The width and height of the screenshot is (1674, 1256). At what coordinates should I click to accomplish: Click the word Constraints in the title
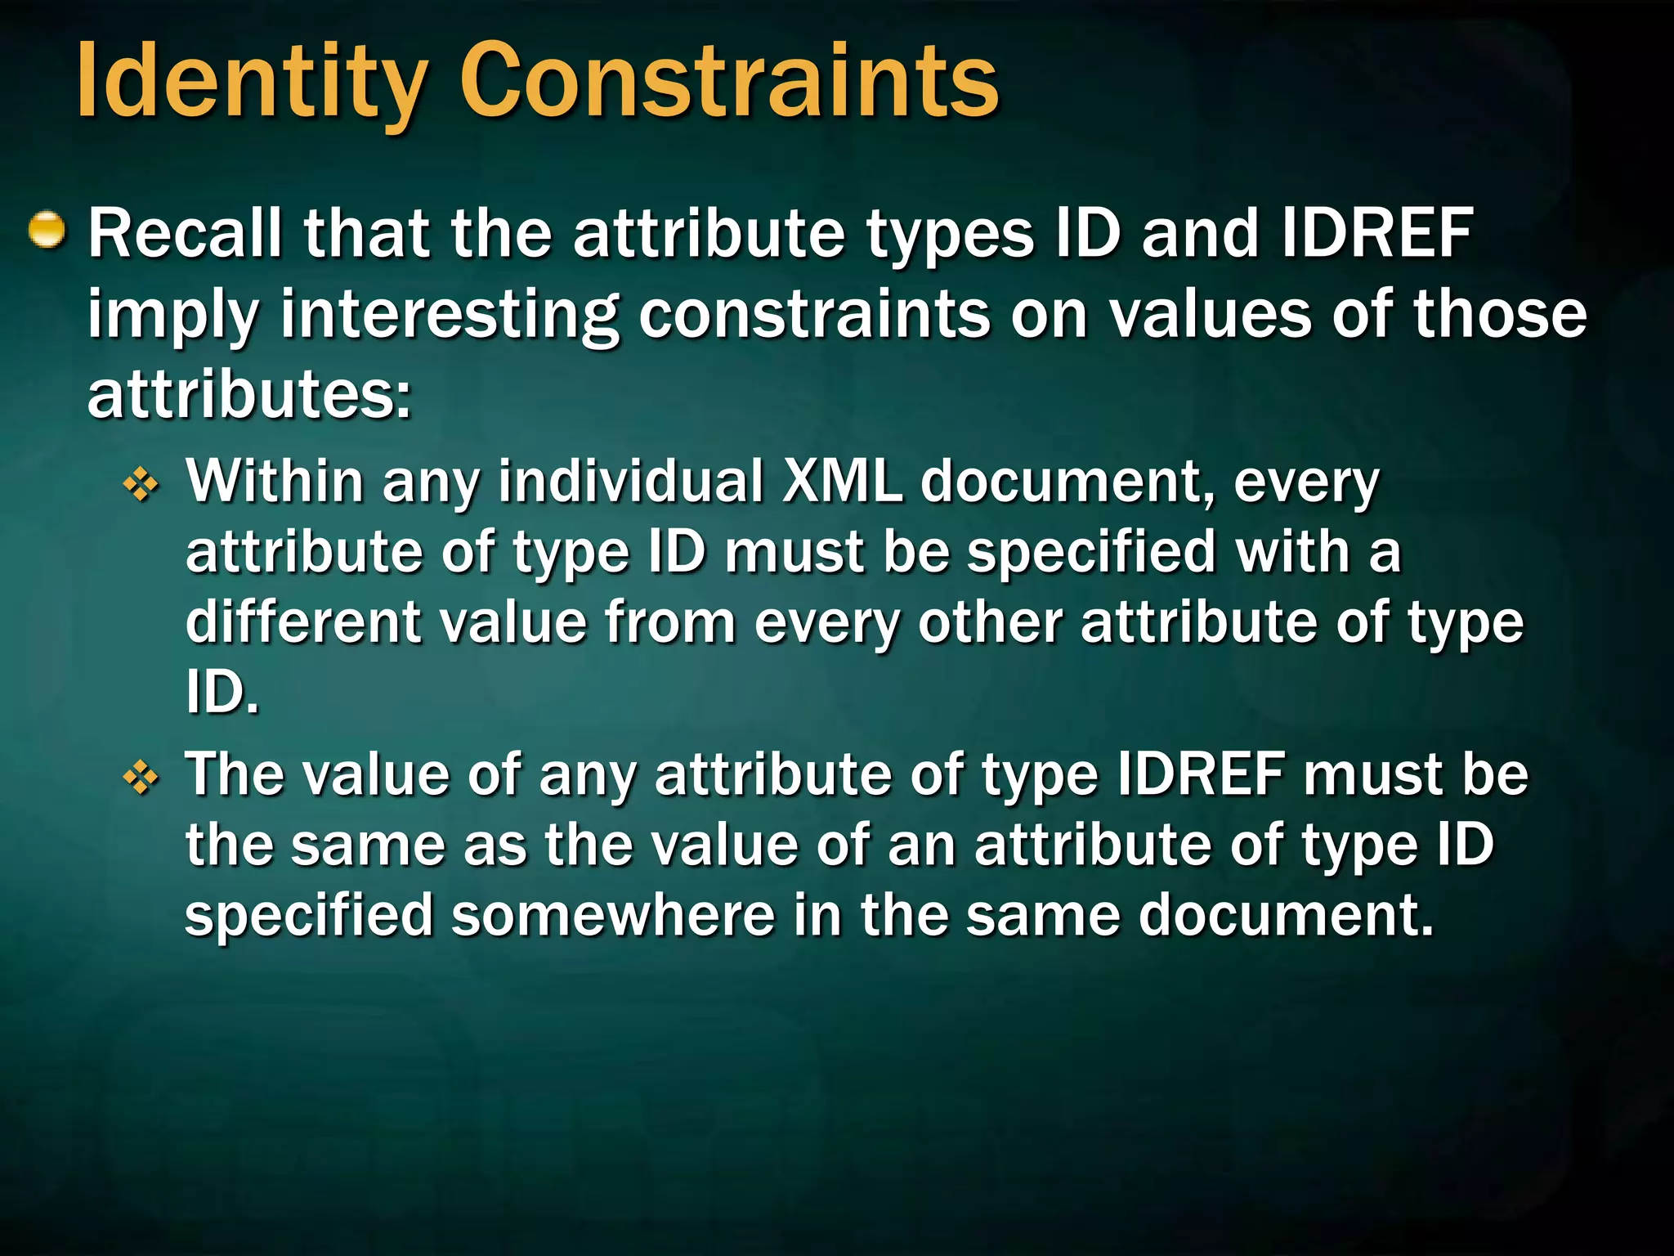729,82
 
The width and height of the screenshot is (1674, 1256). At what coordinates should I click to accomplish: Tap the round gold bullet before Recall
47,231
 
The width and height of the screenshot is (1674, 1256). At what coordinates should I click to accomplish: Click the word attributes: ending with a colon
249,395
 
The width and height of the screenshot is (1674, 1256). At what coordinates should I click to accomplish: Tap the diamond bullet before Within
141,487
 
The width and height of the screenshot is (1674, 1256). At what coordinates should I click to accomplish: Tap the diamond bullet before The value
141,778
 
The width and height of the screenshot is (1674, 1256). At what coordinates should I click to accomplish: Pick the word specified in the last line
309,916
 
